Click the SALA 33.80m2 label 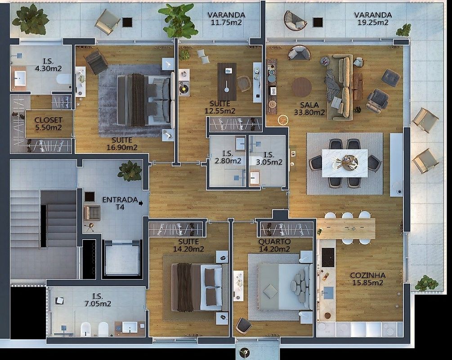pyautogui.click(x=309, y=108)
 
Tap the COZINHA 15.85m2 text pyautogui.click(x=368, y=279)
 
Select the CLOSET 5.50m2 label pyautogui.click(x=49, y=123)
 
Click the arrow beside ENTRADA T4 pyautogui.click(x=141, y=203)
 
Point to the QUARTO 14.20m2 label pyautogui.click(x=274, y=245)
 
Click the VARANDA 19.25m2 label pyautogui.click(x=373, y=18)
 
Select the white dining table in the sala pyautogui.click(x=345, y=163)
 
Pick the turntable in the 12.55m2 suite pyautogui.click(x=184, y=89)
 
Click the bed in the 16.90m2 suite pyautogui.click(x=146, y=100)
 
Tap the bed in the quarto pyautogui.click(x=284, y=287)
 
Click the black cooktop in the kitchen pyautogui.click(x=328, y=257)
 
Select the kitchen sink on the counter pyautogui.click(x=328, y=293)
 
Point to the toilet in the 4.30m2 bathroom pyautogui.click(x=64, y=79)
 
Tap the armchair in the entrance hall pyautogui.click(x=92, y=213)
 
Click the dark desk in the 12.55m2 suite pyautogui.click(x=227, y=81)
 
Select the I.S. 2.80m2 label pyautogui.click(x=228, y=157)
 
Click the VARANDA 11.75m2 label pyautogui.click(x=226, y=18)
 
